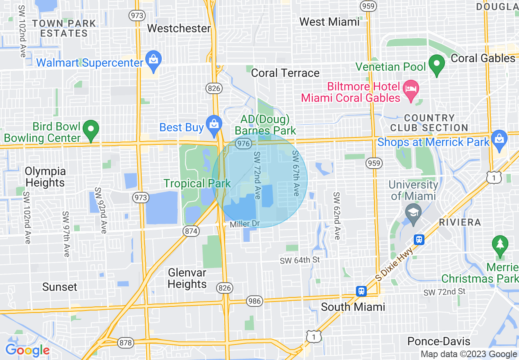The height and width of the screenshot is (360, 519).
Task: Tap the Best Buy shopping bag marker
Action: (214, 124)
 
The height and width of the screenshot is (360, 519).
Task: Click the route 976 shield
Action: (244, 143)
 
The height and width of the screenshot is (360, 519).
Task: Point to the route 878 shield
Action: (125, 342)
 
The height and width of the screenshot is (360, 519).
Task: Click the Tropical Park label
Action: (197, 183)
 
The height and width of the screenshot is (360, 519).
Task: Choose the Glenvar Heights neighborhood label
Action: (187, 278)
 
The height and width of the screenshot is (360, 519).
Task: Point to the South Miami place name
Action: (353, 307)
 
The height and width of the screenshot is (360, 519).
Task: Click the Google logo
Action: (27, 351)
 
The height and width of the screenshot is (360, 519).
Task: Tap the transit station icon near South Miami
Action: (361, 291)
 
